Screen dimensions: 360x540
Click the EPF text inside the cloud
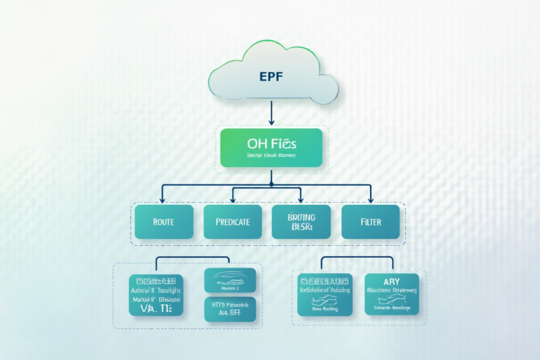coord(270,76)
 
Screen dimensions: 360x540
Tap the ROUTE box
coord(164,222)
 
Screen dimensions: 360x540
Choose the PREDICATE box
coord(232,222)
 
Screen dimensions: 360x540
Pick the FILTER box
coord(371,222)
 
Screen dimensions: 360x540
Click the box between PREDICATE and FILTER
coord(301,222)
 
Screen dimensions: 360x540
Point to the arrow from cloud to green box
coord(270,111)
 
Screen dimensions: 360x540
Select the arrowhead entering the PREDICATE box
coord(233,200)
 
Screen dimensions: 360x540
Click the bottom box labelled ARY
coord(391,294)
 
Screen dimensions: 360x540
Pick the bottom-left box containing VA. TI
coord(157,296)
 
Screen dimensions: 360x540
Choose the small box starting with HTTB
coord(230,309)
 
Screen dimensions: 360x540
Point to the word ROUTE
coord(164,222)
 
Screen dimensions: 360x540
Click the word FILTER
coord(371,222)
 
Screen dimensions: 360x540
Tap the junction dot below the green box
coord(270,182)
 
